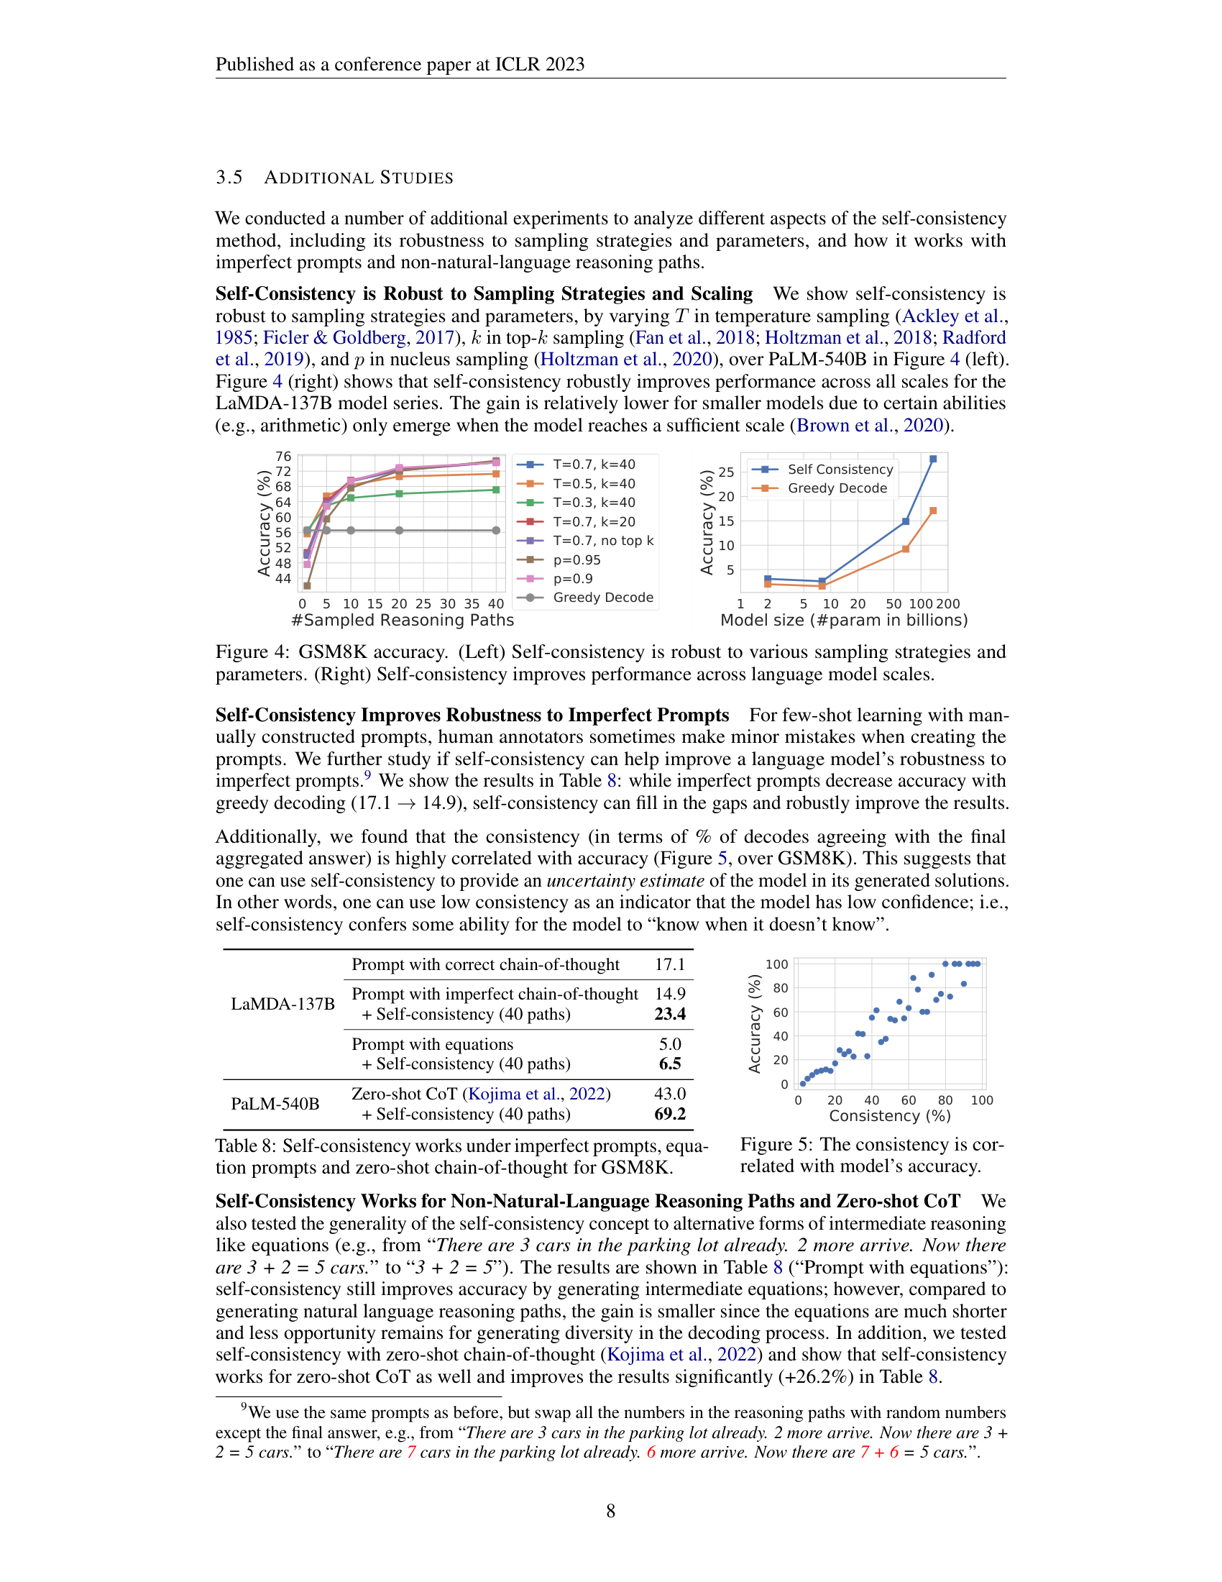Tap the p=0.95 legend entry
[576, 560]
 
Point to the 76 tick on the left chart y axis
[283, 457]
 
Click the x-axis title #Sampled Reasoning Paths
[403, 621]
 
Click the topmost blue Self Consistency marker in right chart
[933, 459]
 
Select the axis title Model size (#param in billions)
[843, 621]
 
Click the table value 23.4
[670, 1014]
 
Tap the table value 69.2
[670, 1114]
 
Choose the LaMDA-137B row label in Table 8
[282, 1004]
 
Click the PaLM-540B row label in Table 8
[275, 1104]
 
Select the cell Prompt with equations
[432, 1045]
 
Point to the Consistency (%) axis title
[890, 1116]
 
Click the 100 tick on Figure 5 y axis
[776, 965]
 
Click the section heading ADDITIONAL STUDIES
[359, 178]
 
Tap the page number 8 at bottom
[610, 1511]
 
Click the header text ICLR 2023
[539, 65]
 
